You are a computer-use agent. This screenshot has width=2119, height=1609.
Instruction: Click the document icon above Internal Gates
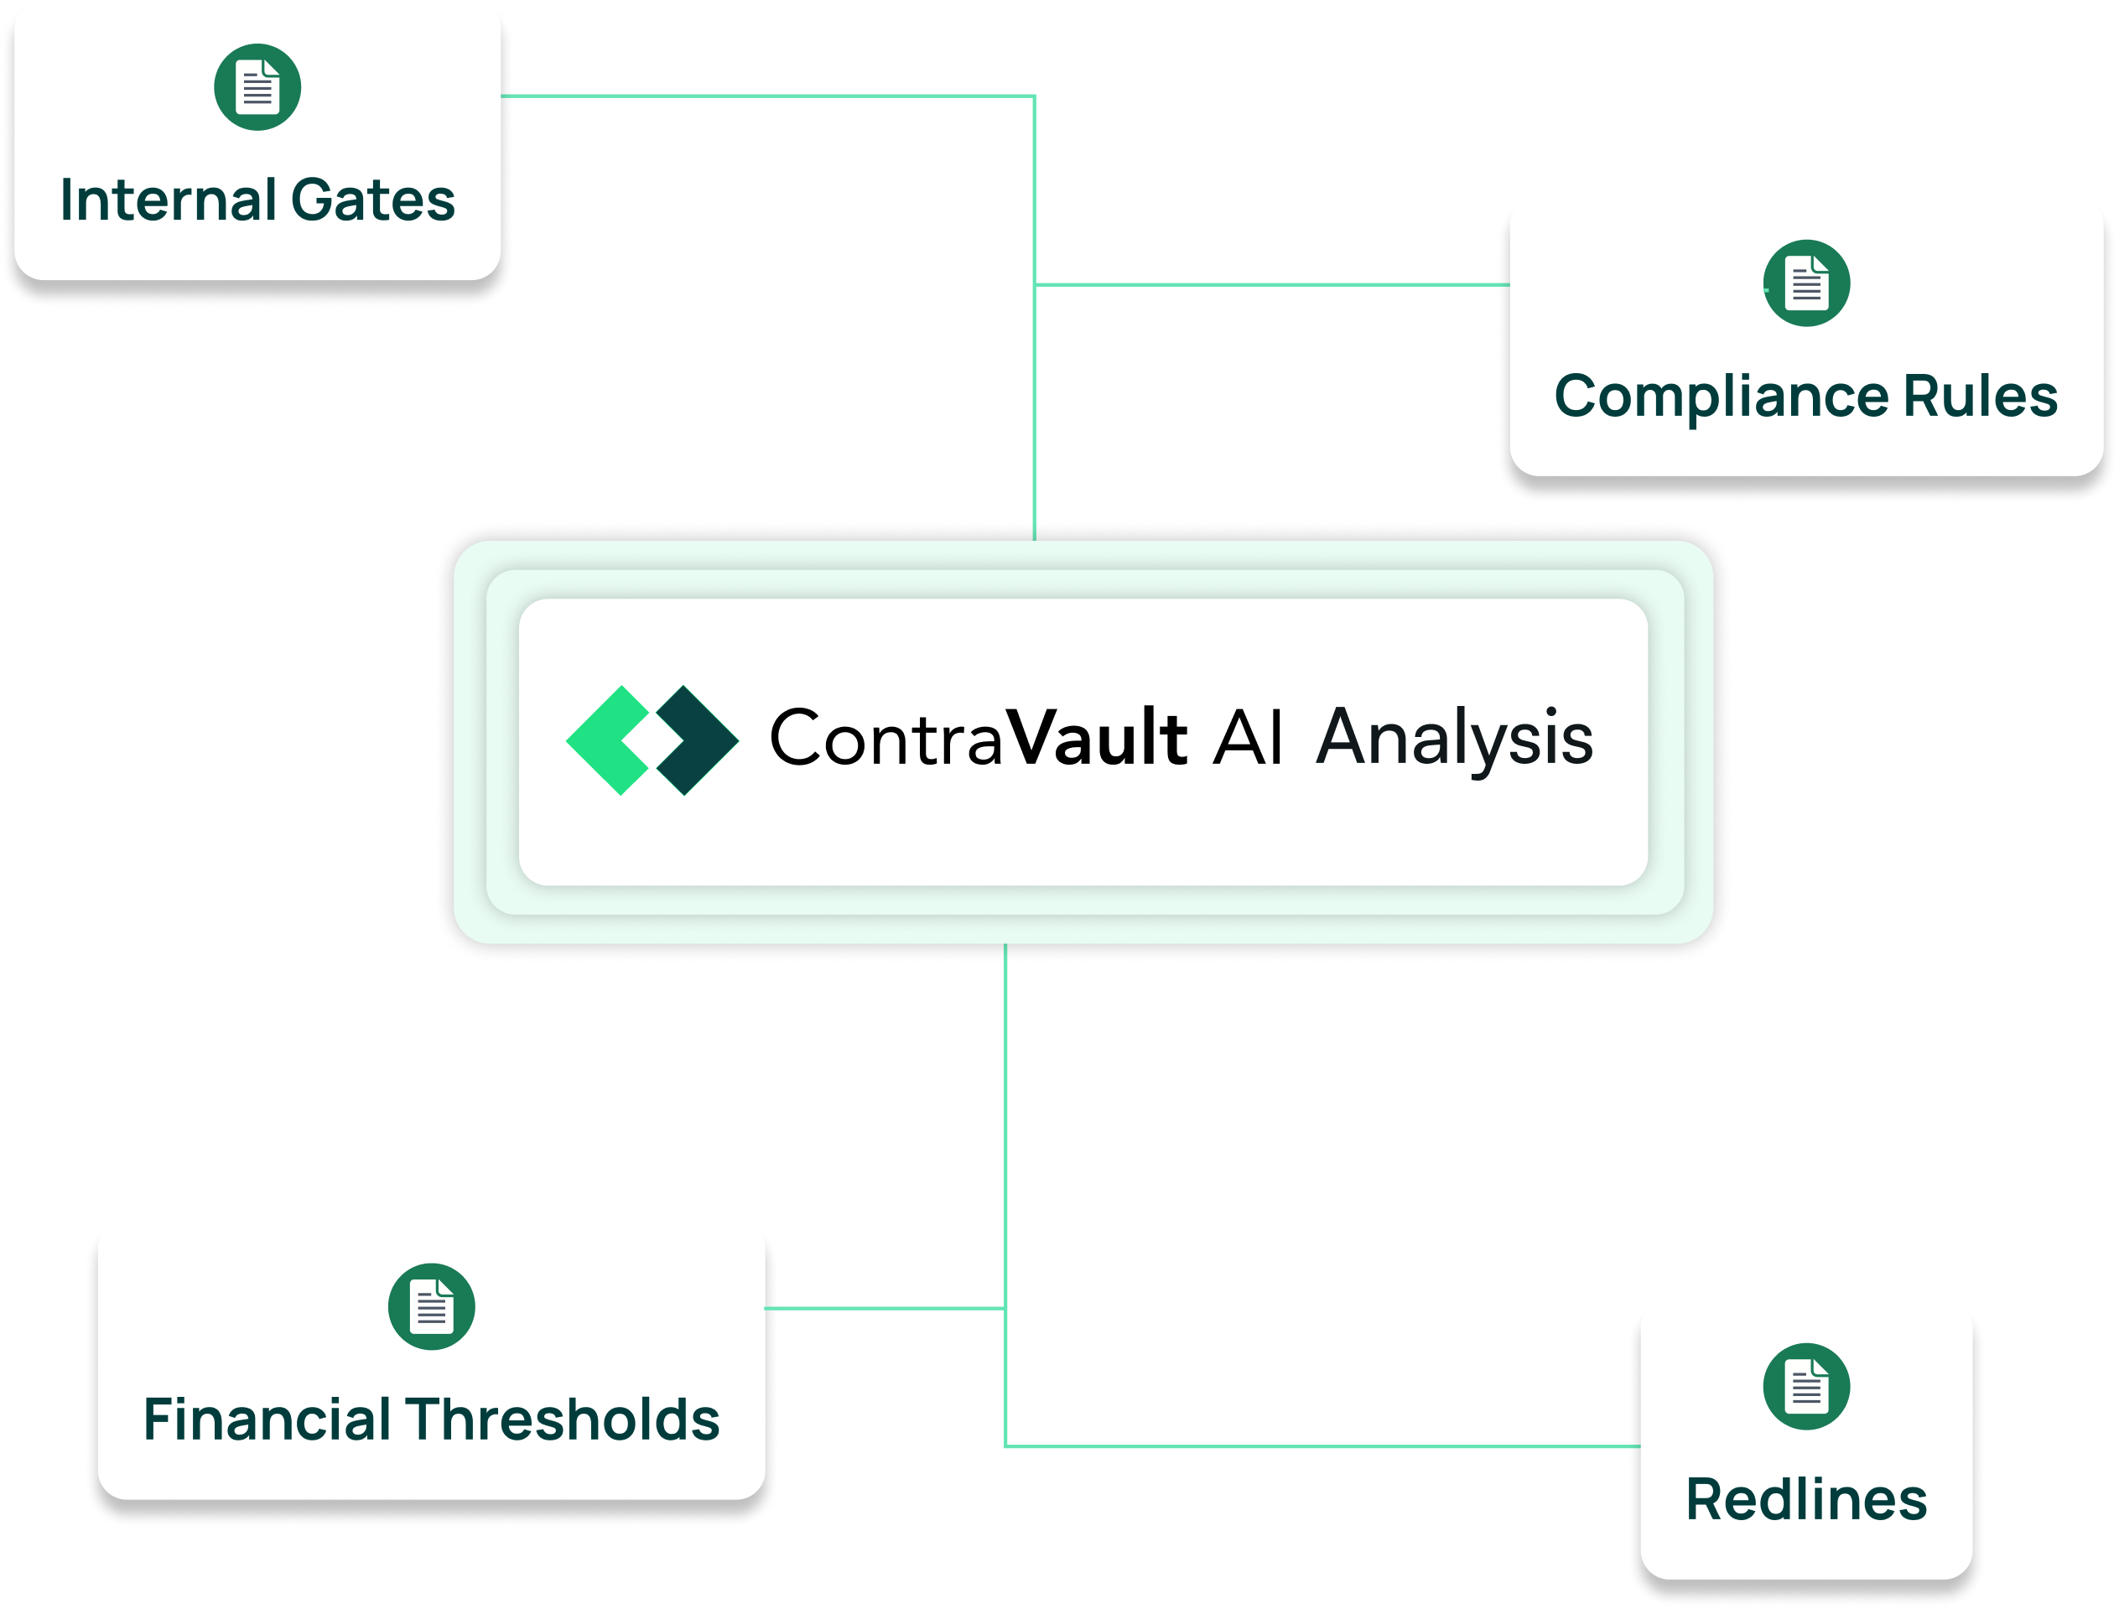pos(257,87)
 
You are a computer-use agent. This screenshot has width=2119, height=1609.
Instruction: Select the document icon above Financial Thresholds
pos(431,1306)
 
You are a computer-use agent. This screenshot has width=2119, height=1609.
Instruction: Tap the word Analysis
pos(1454,740)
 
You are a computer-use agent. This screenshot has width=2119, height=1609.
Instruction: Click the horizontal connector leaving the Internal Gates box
pos(766,96)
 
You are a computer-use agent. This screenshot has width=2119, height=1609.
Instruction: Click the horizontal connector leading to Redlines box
pos(1322,1446)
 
